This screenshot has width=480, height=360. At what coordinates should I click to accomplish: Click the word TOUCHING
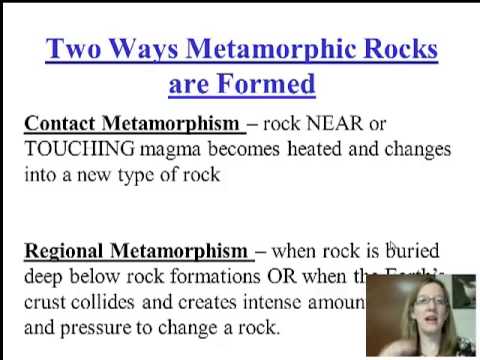[79, 149]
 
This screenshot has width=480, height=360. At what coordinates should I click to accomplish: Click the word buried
[414, 249]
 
